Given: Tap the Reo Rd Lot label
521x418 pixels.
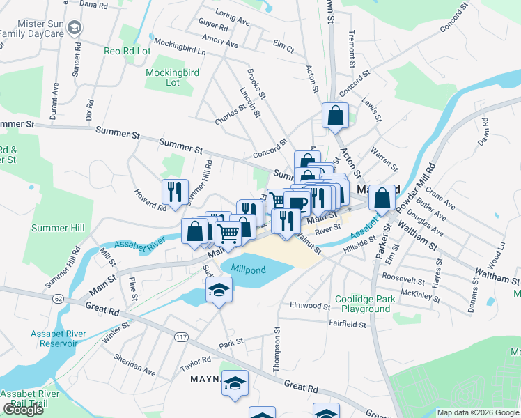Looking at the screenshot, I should coord(127,51).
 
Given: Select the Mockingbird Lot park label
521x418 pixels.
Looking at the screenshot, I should coord(163,77).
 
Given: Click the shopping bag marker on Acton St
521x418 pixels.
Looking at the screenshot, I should coord(335,116).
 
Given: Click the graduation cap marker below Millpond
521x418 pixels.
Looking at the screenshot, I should coord(219,289).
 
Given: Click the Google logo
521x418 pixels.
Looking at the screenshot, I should coord(24,410).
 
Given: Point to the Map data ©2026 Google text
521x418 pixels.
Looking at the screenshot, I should coord(478,412).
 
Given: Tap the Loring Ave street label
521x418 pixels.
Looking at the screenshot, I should coord(233,18).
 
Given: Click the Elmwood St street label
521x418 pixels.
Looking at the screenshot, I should coord(309,305).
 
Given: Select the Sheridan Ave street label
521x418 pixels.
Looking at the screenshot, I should coord(134,364).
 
